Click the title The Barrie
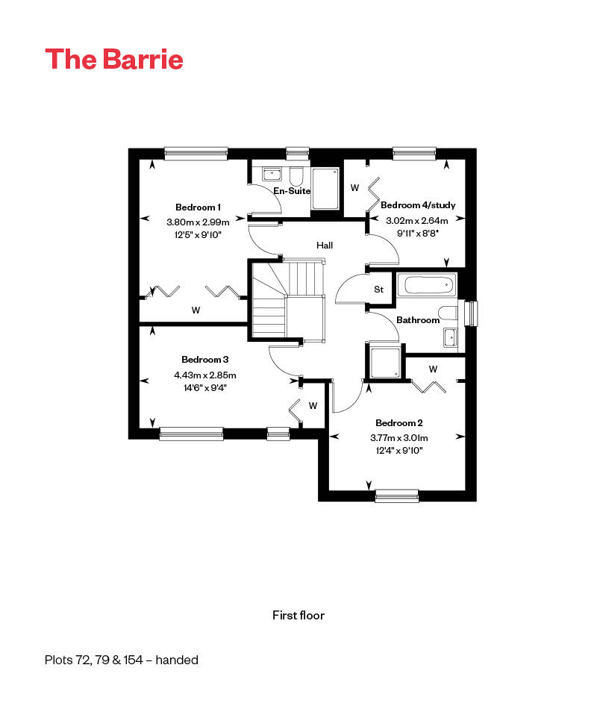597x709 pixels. [114, 59]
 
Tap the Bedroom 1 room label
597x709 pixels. [198, 207]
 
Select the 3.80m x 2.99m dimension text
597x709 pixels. [198, 222]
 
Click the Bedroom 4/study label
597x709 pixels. [418, 204]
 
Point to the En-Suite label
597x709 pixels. [292, 191]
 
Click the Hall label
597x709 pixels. [325, 245]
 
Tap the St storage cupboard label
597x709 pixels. [378, 289]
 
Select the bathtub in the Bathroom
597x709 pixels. [428, 285]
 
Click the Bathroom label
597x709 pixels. [418, 319]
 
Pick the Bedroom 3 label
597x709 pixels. [205, 360]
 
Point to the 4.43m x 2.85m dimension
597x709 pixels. [205, 375]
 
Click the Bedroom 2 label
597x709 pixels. [399, 422]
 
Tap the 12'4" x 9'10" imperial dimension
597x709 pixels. [399, 450]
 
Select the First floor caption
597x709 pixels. [298, 615]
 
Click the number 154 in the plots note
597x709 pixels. [134, 660]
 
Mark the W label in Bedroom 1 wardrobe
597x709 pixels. [196, 310]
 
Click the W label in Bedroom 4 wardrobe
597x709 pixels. [354, 187]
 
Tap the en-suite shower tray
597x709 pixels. [325, 189]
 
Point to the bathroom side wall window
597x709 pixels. [472, 313]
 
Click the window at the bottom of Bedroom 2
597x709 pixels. [397, 496]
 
